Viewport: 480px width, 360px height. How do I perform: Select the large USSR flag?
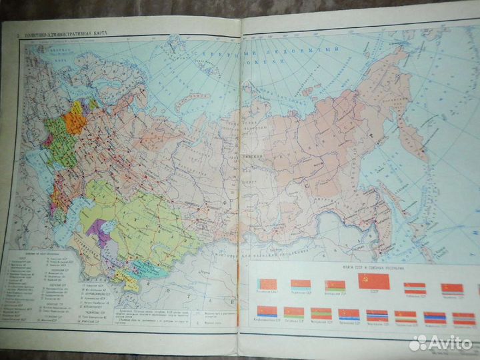coord(373,280)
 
